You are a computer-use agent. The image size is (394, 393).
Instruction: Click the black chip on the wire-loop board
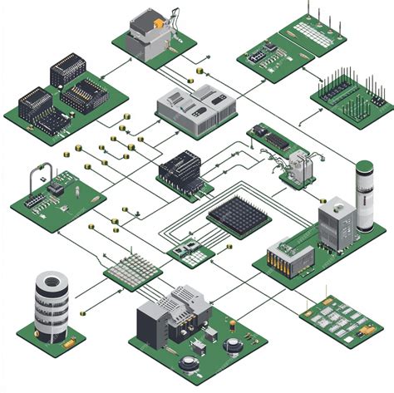click(x=57, y=187)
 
